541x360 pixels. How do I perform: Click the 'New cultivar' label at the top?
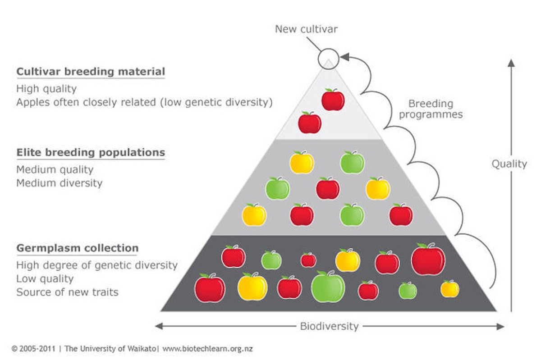tap(306, 29)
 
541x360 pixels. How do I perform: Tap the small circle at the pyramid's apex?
tap(328, 59)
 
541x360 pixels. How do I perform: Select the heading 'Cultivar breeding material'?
tap(91, 72)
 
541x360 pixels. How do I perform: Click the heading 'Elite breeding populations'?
tap(91, 152)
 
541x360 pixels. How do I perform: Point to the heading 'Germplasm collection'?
tap(78, 248)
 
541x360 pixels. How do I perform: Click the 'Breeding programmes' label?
tap(431, 109)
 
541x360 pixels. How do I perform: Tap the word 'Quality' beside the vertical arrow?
tap(509, 164)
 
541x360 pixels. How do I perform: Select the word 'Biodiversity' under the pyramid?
tap(329, 326)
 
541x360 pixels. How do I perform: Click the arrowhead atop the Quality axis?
tap(511, 63)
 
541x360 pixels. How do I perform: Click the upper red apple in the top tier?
tap(333, 100)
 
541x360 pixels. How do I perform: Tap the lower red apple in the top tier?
tap(310, 123)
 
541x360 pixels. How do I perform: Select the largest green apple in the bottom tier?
tap(328, 287)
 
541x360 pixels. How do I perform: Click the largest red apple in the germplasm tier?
tap(428, 260)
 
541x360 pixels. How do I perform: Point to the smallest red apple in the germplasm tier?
tap(308, 260)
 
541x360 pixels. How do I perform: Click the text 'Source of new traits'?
tap(68, 292)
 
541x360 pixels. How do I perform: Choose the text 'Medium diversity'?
tap(60, 183)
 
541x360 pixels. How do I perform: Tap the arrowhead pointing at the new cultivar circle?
tap(344, 57)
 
